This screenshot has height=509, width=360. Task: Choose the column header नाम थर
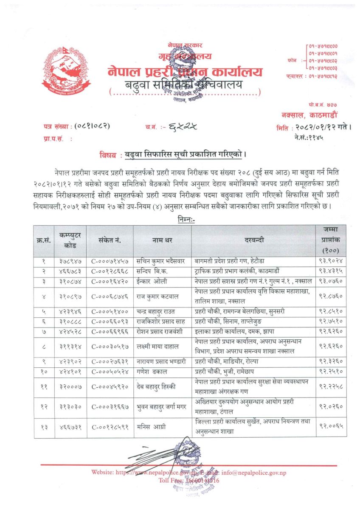point(162,240)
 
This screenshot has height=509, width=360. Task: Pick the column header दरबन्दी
point(254,240)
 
